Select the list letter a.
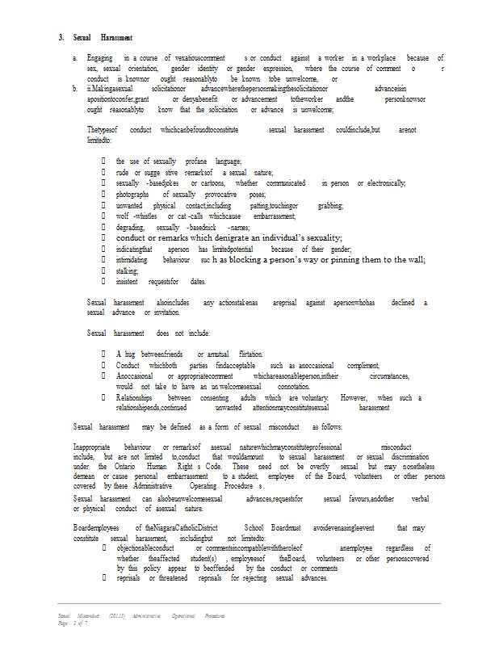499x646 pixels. click(75, 59)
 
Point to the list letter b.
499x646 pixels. click(75, 88)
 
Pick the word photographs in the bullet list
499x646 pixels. click(132, 195)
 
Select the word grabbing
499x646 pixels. click(330, 206)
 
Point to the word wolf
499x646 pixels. click(123, 217)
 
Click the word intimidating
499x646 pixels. click(132, 260)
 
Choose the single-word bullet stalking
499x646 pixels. click(127, 271)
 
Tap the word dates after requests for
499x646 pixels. click(198, 282)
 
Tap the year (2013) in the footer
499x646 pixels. click(119, 615)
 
